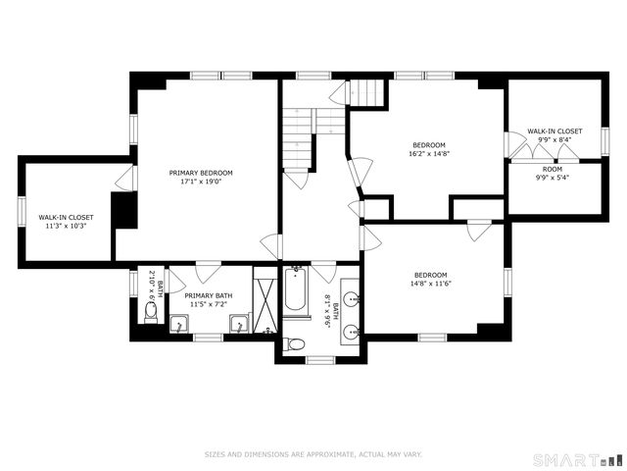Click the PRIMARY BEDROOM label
tap(207, 173)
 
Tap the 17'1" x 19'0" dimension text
tap(207, 182)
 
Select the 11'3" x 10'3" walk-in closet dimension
tap(66, 226)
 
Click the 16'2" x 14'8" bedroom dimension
tap(428, 153)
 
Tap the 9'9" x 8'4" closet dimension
tap(555, 139)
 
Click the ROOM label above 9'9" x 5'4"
tap(553, 169)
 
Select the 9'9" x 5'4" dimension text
tap(553, 178)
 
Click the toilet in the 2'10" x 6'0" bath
tap(151, 312)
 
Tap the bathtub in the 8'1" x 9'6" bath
tap(296, 292)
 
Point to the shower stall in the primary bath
tap(265, 300)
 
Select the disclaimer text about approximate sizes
tap(313, 454)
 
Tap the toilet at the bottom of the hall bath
tap(295, 343)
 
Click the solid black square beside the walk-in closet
tap(124, 210)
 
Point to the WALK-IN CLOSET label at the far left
tap(66, 217)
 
